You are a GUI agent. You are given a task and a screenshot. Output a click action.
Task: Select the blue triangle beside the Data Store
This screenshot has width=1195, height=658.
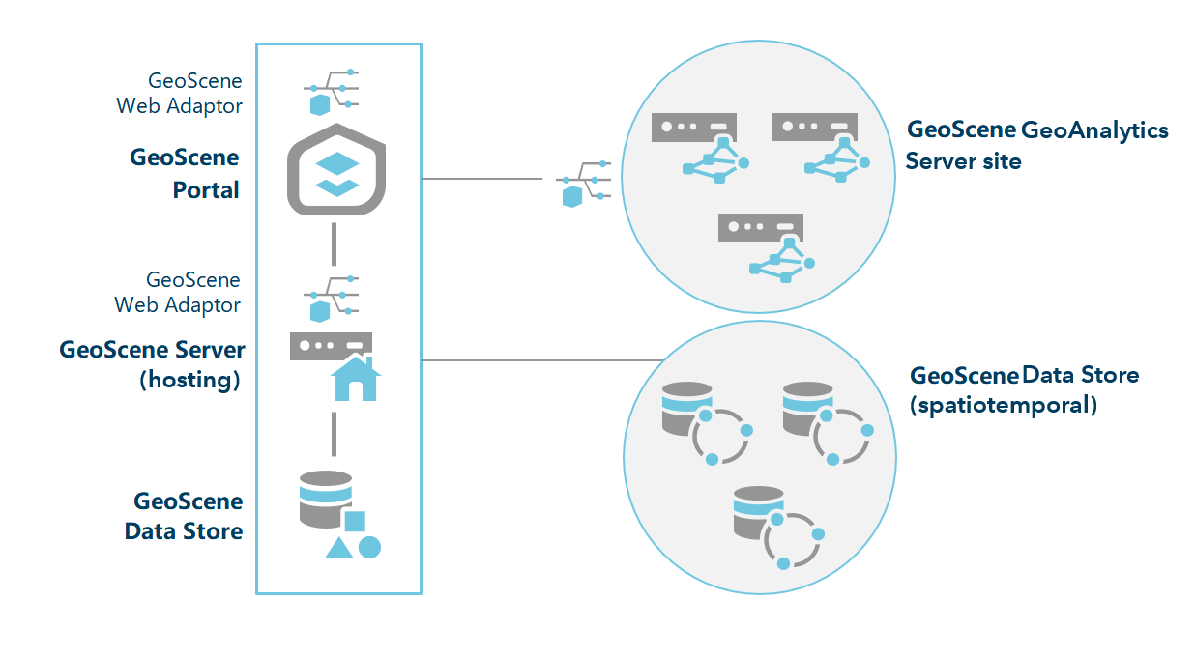[337, 549]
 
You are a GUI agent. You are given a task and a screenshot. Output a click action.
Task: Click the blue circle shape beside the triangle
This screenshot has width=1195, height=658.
[369, 547]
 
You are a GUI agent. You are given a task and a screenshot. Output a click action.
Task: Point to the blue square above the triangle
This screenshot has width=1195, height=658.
[354, 522]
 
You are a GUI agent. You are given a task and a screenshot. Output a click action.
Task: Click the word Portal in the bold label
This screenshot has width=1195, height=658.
[206, 190]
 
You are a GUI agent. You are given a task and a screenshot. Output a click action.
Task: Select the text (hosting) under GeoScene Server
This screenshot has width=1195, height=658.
[190, 380]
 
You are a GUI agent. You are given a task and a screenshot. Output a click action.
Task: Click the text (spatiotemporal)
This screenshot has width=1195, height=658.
[1004, 405]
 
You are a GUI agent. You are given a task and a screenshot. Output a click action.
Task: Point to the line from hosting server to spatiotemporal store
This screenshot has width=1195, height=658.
[541, 360]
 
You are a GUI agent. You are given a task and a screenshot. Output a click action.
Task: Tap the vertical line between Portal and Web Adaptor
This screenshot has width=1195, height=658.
[334, 243]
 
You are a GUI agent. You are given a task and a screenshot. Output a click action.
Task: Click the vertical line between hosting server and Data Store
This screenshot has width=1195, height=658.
[334, 434]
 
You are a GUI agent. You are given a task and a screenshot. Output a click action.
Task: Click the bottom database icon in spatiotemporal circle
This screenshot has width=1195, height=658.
[758, 513]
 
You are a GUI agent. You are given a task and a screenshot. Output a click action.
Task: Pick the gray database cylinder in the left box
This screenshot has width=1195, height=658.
[325, 499]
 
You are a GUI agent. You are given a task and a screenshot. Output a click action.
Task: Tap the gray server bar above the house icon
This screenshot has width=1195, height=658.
[331, 345]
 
